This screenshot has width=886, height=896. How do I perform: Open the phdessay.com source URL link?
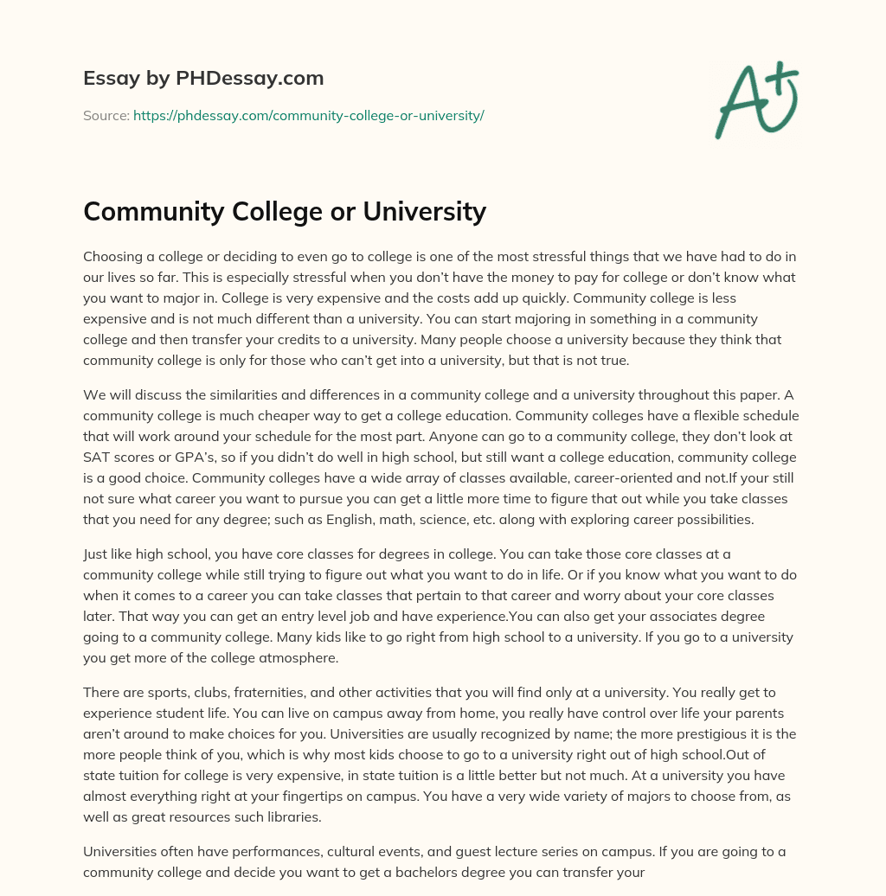(308, 115)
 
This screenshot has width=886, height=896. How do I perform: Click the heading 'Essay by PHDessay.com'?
(203, 79)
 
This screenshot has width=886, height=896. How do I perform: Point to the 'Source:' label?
(106, 115)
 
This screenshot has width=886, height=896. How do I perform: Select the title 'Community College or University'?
(285, 211)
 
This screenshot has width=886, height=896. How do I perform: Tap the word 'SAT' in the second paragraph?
(97, 457)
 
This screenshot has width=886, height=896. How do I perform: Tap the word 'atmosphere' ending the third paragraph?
(296, 657)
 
